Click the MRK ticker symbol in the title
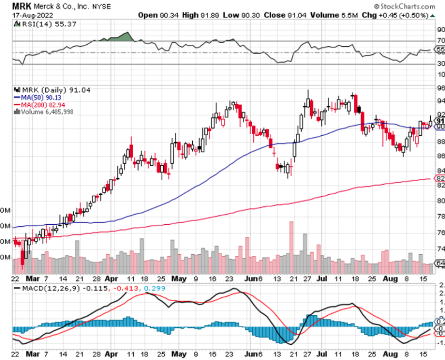click(23, 6)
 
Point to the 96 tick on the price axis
click(440, 88)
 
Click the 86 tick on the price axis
click(440, 156)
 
